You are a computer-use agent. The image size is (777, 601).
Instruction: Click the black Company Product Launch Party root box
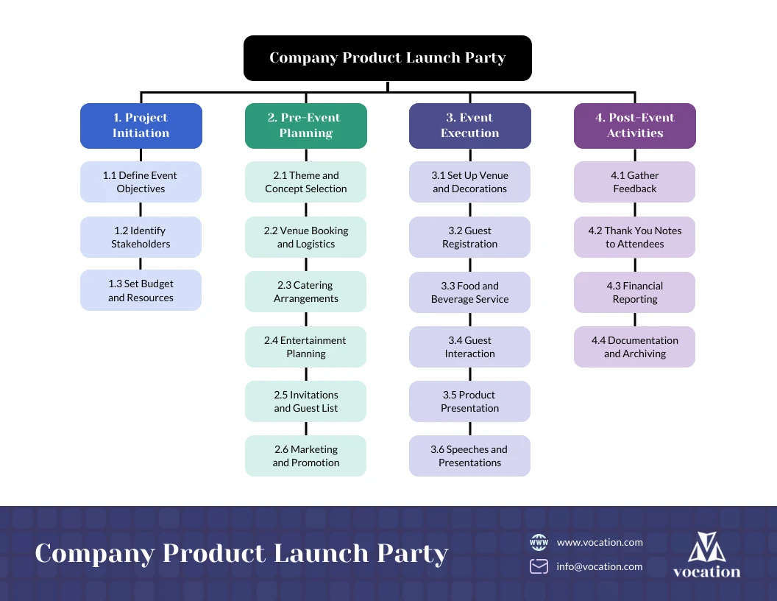[x=387, y=58]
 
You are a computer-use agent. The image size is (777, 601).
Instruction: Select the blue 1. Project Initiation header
[x=141, y=126]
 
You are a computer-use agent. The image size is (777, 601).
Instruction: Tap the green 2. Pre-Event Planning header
[x=305, y=126]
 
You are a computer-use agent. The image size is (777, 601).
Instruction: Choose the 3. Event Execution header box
[x=469, y=126]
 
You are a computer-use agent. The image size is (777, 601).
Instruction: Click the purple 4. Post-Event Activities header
[x=634, y=126]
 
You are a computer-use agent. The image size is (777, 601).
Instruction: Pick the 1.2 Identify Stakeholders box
[x=141, y=237]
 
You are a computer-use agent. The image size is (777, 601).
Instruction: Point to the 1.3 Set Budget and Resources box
[x=141, y=290]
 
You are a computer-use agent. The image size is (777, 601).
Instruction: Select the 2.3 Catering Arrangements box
[x=305, y=292]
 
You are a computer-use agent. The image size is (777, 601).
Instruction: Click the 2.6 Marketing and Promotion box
[x=305, y=456]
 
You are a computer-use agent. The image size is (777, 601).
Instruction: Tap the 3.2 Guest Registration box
[x=469, y=237]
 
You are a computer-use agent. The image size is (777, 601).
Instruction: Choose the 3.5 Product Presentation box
[x=469, y=401]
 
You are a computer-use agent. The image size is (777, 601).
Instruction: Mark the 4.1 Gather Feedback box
[x=634, y=182]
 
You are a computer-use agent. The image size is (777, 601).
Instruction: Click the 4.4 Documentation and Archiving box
[x=634, y=347]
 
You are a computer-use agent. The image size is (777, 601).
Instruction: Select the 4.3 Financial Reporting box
[x=634, y=292]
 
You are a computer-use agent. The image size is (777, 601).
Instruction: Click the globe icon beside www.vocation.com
[x=539, y=543]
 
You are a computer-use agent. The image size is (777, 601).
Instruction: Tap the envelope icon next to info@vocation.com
[x=539, y=566]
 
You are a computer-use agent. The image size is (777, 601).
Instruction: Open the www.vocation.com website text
[x=600, y=543]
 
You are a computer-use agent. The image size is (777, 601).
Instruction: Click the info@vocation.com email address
[x=599, y=567]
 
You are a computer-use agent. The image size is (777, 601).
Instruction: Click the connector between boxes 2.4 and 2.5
[x=305, y=374]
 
